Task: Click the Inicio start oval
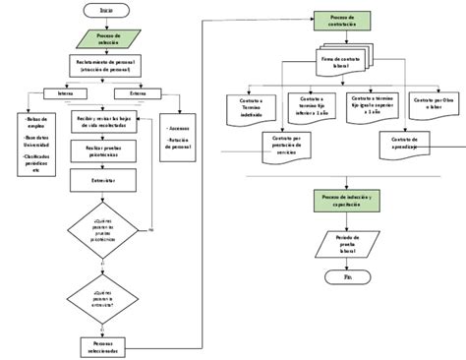click(105, 9)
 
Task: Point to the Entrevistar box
click(104, 181)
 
